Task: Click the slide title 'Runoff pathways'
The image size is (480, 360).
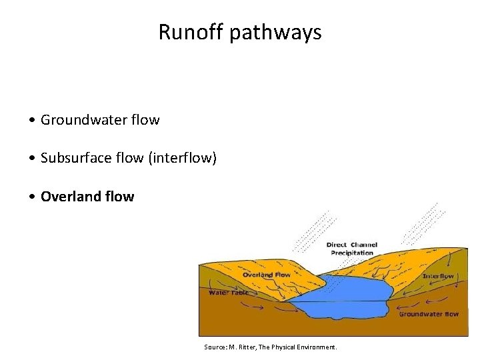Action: (240, 32)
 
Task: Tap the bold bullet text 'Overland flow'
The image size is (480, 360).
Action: (87, 197)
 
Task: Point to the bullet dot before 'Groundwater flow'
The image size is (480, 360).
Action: (33, 121)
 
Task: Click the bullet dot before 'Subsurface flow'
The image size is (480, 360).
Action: (33, 159)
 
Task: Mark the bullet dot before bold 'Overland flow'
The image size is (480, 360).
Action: (33, 197)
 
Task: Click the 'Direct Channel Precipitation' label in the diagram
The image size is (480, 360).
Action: (351, 249)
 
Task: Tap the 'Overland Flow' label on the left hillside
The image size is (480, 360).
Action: (267, 275)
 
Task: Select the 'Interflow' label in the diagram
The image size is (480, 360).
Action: (438, 276)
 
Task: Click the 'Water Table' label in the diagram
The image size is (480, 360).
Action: (229, 292)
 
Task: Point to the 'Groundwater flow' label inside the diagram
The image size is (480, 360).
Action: (429, 314)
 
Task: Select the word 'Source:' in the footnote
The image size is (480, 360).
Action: (216, 347)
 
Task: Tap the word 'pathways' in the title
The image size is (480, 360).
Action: (275, 32)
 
